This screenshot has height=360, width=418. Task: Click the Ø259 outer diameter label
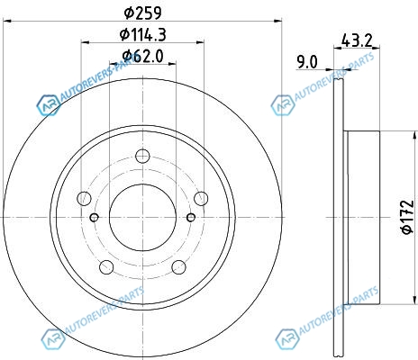coord(143,13)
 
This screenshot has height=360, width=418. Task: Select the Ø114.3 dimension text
coord(143,35)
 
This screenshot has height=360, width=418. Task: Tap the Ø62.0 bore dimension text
coord(143,56)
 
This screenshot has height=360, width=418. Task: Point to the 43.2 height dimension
coord(357,40)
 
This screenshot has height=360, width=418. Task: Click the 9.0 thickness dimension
coord(307,62)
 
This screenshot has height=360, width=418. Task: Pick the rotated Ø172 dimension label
coord(408,217)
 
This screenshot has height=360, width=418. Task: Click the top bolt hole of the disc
coord(142,156)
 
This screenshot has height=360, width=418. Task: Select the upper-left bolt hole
coord(84,198)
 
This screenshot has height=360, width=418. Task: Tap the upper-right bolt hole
coord(201,198)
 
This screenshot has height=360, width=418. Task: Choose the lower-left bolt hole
coord(106,267)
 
